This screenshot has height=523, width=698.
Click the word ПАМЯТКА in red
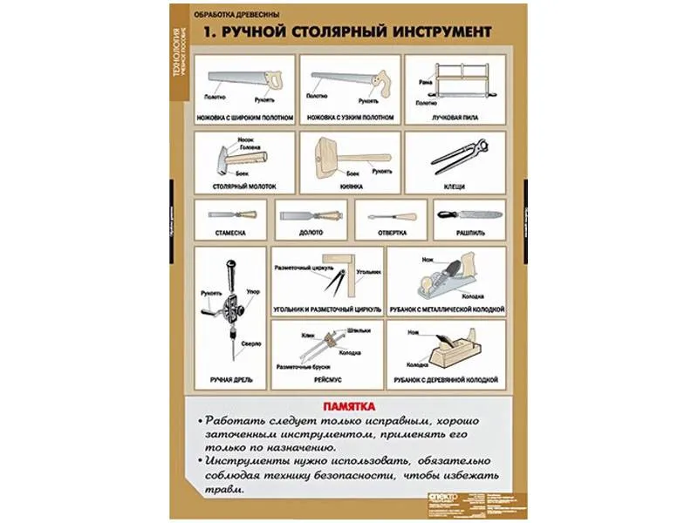click(x=348, y=406)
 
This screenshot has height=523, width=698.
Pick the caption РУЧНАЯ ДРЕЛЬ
click(x=229, y=381)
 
